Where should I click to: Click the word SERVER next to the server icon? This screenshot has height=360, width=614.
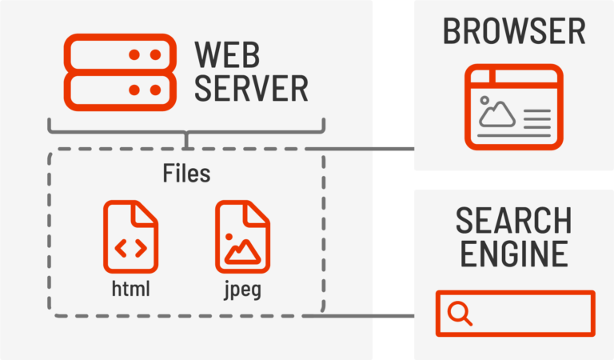pos(251,88)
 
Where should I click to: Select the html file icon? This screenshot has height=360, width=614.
pos(130,238)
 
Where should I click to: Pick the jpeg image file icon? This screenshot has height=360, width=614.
pos(242,238)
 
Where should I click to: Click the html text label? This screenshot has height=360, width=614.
pos(130,288)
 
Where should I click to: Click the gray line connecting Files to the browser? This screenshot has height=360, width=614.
pos(368,149)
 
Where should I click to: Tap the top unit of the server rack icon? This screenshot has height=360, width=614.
pos(120,54)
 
